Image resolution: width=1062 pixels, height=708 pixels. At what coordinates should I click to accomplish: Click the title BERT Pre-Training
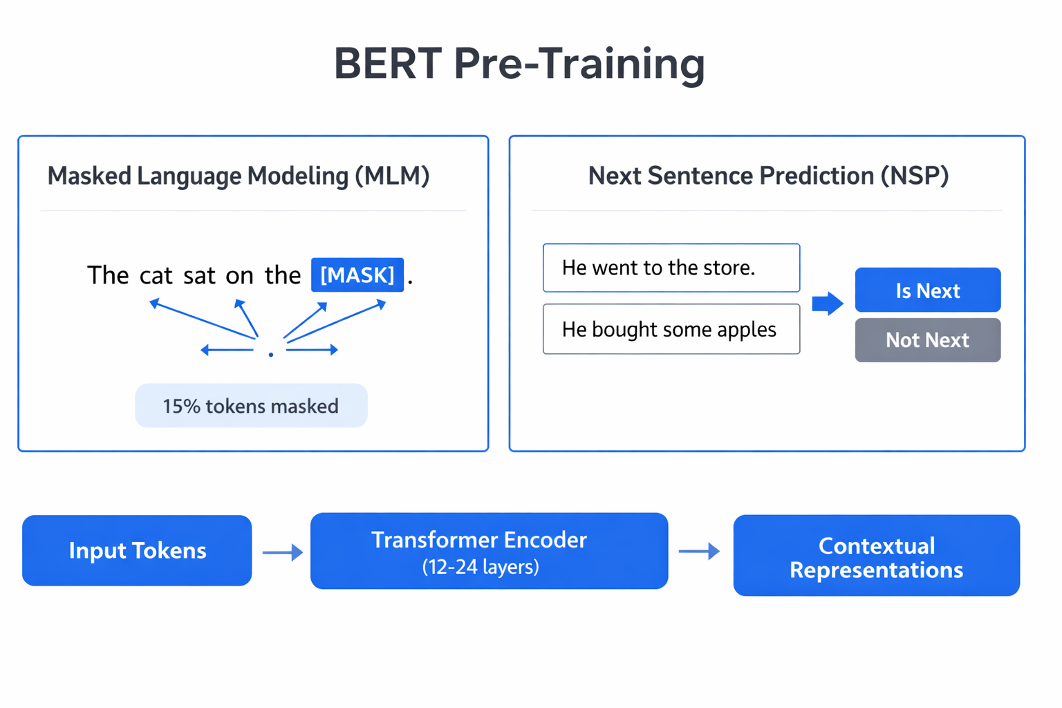[519, 64]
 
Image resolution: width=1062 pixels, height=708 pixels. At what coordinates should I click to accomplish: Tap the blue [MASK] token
[357, 275]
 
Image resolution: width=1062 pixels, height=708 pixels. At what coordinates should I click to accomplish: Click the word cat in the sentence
[156, 276]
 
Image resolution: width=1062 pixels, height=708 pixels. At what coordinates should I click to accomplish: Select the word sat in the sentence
[199, 276]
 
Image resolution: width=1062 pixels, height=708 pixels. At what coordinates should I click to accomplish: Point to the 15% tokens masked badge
[251, 406]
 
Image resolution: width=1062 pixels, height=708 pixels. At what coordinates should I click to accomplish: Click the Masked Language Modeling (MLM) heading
[239, 176]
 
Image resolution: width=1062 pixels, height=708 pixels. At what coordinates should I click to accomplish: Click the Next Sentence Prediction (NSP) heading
[767, 176]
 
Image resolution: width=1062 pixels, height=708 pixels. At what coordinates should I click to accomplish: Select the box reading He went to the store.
[671, 268]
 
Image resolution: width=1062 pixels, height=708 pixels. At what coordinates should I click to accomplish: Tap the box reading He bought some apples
[671, 329]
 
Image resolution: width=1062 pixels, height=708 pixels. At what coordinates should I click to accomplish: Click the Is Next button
[927, 290]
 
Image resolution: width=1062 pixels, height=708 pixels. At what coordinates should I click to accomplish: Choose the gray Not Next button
[927, 340]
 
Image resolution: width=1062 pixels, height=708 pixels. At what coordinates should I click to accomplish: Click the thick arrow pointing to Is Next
[827, 303]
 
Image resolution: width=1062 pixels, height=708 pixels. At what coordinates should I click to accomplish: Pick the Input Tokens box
[137, 550]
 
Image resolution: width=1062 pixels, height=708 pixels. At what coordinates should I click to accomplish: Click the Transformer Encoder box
[489, 550]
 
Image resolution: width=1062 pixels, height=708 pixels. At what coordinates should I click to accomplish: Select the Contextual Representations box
[876, 556]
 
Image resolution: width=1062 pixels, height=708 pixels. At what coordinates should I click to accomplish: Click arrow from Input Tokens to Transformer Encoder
[282, 552]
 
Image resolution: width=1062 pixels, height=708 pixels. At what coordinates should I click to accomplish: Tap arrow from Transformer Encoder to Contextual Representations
[699, 551]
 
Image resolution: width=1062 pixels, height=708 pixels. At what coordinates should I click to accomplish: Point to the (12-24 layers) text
[481, 567]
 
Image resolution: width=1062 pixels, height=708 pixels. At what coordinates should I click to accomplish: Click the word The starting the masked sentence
[108, 276]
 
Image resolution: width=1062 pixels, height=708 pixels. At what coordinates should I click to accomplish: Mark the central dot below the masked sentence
[271, 354]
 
